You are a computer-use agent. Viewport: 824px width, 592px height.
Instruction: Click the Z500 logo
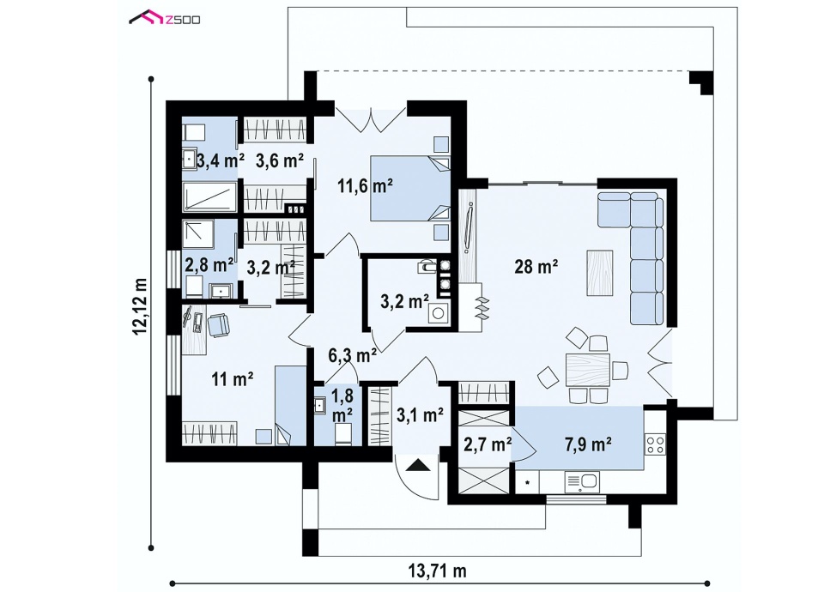(x=165, y=20)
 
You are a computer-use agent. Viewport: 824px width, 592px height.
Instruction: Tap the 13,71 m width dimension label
(x=437, y=570)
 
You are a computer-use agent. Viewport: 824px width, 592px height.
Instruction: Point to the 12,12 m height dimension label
(x=140, y=306)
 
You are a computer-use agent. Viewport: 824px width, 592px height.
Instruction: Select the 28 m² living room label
(x=536, y=266)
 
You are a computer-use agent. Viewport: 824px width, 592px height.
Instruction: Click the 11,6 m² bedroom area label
(x=366, y=186)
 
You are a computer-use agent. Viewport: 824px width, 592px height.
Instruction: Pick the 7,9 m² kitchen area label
(x=587, y=444)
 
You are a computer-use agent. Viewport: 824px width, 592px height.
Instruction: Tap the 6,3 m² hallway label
(x=352, y=355)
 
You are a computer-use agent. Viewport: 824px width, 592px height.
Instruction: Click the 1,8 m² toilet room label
(x=342, y=404)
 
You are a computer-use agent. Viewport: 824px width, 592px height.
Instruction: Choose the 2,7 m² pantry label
(x=488, y=444)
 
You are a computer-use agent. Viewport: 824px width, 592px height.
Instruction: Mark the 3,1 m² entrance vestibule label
(x=420, y=415)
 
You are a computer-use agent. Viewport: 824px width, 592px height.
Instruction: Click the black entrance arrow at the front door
(x=418, y=465)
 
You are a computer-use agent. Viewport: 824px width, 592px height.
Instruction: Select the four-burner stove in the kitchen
(x=655, y=444)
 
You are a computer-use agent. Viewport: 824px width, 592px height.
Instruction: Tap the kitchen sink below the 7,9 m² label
(x=582, y=481)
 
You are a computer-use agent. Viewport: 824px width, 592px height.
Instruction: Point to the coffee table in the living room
(x=600, y=273)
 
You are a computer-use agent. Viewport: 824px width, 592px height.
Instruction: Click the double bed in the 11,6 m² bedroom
(x=410, y=188)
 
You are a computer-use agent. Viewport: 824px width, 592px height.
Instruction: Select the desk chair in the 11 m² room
(x=219, y=324)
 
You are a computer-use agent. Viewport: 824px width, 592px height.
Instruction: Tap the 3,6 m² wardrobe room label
(x=280, y=160)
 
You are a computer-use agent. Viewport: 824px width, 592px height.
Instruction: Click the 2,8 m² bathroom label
(x=209, y=265)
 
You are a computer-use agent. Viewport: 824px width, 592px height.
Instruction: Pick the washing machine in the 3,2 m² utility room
(x=439, y=314)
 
